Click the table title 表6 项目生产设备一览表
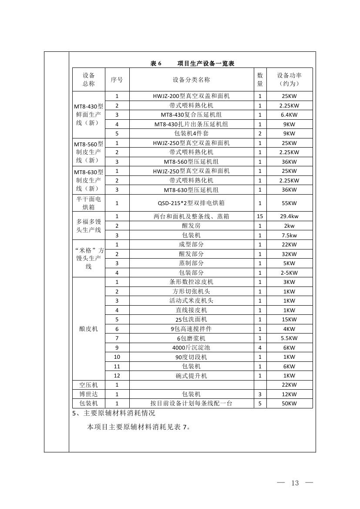192,64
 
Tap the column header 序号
117,80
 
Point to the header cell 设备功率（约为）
289,80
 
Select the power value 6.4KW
289,115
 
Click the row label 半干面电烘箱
88,203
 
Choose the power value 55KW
289,203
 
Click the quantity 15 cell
260,216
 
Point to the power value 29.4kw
289,216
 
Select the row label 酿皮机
88,329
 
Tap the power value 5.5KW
289,338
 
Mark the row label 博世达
88,394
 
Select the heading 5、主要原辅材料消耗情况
114,413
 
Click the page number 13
295,483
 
